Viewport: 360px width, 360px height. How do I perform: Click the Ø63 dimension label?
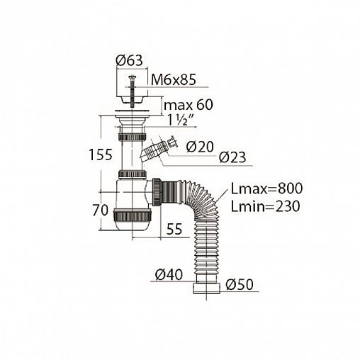(x=130, y=60)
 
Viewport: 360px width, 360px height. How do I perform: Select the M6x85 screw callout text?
(x=174, y=80)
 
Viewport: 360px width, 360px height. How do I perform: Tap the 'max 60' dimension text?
(x=189, y=105)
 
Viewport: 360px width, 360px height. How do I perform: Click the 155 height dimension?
(x=101, y=155)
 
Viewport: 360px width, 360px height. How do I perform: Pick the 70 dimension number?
(x=100, y=210)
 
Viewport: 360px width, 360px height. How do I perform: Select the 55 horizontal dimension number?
(x=174, y=229)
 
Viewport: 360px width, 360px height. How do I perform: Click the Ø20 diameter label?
(x=200, y=147)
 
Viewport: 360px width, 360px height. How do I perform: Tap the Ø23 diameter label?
(x=232, y=157)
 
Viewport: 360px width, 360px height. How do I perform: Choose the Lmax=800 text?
(x=266, y=189)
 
